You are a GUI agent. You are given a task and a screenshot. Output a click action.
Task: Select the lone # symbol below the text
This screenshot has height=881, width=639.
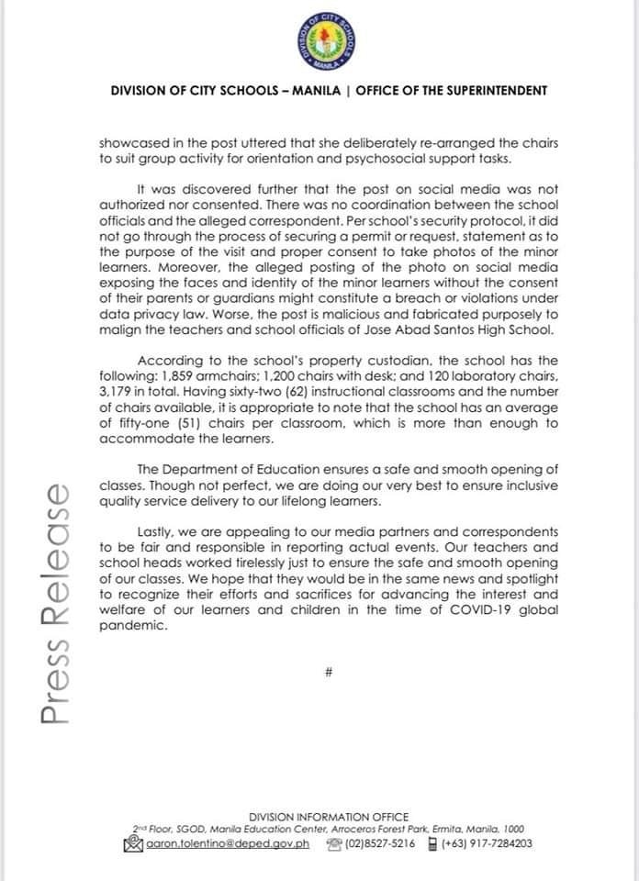pos(328,672)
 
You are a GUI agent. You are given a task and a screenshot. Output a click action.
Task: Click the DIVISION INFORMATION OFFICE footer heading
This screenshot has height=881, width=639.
pos(328,817)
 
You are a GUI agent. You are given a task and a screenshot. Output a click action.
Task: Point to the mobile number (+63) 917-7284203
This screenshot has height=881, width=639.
pos(487,843)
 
